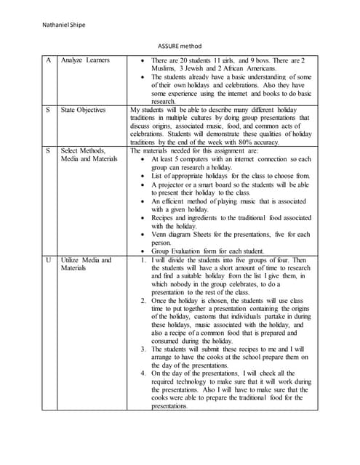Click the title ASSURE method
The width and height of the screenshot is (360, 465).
(180, 45)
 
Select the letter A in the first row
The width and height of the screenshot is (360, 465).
(49, 60)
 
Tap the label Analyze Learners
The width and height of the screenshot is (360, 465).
(85, 60)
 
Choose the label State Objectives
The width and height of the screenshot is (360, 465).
(84, 110)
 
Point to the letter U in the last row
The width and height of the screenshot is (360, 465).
(49, 259)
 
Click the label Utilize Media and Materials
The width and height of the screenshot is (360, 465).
(86, 264)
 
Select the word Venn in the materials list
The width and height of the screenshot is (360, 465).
(159, 234)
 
